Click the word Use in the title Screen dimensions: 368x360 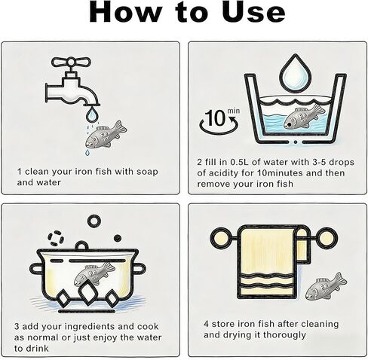pyautogui.click(x=253, y=12)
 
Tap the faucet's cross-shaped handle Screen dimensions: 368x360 pyautogui.click(x=71, y=62)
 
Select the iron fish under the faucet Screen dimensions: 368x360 pyautogui.click(x=106, y=135)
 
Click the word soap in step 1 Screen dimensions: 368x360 pyautogui.click(x=147, y=172)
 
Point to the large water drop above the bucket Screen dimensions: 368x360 pyautogui.click(x=296, y=73)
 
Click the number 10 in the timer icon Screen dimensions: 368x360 pyautogui.click(x=215, y=118)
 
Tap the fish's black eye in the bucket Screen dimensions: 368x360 pyautogui.click(x=290, y=124)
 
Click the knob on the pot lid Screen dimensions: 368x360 pyautogui.click(x=81, y=246)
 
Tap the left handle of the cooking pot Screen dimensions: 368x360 pyautogui.click(x=35, y=269)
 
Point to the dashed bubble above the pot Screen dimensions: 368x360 pyautogui.click(x=54, y=238)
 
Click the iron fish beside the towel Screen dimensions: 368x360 pyautogui.click(x=326, y=286)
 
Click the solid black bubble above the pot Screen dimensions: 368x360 pyautogui.click(x=118, y=238)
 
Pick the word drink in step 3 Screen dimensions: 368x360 pyautogui.click(x=37, y=349)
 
